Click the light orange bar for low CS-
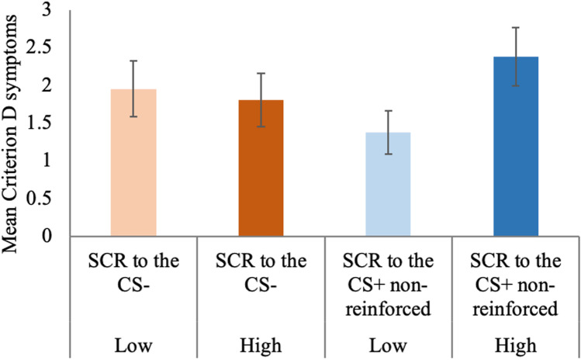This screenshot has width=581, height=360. [133, 163]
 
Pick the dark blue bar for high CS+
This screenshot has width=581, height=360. [515, 147]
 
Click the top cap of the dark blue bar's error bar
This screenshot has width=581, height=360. [515, 27]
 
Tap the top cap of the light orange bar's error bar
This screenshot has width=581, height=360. [133, 61]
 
